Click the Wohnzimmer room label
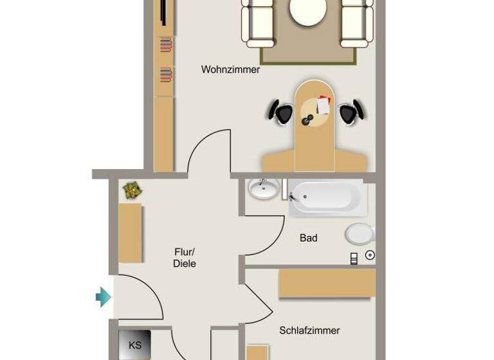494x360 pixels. coord(230,69)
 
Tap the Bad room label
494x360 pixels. coord(308,238)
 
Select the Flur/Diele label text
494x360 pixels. coord(185,257)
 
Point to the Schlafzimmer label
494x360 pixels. coord(309,330)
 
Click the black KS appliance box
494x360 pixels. coord(135,345)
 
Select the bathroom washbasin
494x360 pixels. coord(262,190)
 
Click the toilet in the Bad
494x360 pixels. coord(360,234)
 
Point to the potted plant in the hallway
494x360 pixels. coord(133,190)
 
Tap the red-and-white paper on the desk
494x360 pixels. coord(323,104)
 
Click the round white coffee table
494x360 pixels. coord(307,11)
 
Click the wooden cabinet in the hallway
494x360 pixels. coord(130,233)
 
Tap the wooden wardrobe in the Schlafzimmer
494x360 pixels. coord(327,283)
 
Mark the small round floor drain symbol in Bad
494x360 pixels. coord(370,255)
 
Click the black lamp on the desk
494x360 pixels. coord(307,121)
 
